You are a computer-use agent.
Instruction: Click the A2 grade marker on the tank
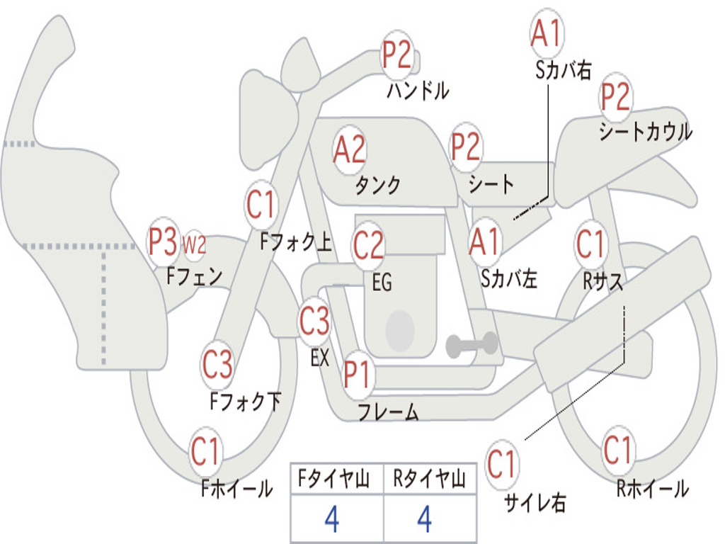[x=349, y=150]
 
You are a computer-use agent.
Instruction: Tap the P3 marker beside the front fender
[x=162, y=242]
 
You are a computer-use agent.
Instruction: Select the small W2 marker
[x=194, y=244]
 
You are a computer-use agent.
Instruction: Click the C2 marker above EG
[x=368, y=244]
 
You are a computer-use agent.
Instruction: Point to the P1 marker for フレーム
[x=357, y=373]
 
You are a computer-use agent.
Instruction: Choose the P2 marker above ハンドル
[x=396, y=55]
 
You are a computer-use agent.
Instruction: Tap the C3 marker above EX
[x=314, y=321]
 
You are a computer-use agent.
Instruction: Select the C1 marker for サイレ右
[x=501, y=464]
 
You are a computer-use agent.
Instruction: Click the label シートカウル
[x=646, y=131]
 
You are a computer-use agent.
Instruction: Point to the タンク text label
[x=377, y=186]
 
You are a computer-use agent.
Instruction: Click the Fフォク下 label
[x=246, y=401]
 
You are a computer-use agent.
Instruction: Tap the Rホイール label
[x=652, y=489]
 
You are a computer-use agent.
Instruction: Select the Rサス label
[x=603, y=280]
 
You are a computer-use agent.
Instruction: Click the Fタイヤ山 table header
[x=333, y=479]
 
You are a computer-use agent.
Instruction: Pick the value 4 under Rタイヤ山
[x=425, y=518]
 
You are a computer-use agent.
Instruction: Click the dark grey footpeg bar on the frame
[x=472, y=345]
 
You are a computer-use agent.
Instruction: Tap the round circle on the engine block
[x=400, y=330]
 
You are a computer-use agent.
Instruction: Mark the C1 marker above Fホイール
[x=205, y=451]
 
